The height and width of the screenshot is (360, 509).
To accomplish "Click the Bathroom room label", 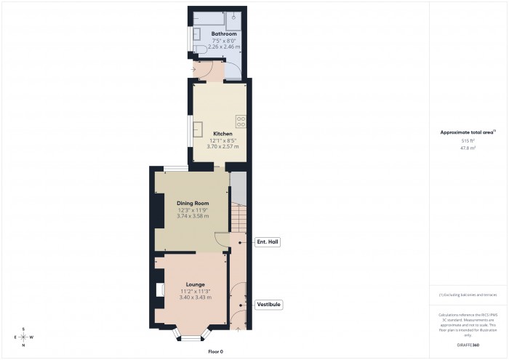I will click(224, 33).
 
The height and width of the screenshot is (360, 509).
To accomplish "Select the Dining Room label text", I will click(193, 203).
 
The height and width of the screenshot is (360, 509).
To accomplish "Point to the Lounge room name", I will click(195, 284).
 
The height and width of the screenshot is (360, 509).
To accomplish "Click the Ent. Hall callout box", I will click(267, 241).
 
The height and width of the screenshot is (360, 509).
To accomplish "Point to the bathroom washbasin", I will click(197, 32).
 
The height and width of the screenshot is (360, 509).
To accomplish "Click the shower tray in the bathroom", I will click(234, 17).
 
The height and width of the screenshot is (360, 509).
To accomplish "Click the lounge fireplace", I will click(159, 290).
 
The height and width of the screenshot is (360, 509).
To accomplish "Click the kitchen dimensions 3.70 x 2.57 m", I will click(223, 146).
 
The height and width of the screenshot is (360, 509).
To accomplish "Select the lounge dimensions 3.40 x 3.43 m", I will click(195, 297).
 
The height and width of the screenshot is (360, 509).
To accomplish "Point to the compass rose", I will click(24, 337).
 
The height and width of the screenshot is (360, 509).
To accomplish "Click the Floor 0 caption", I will click(216, 351).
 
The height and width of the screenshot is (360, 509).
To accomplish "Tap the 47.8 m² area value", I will click(468, 148).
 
